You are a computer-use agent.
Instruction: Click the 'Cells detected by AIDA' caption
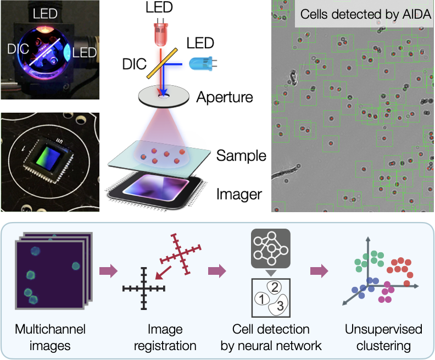[x=365, y=13]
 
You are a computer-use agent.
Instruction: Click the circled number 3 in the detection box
[x=280, y=306]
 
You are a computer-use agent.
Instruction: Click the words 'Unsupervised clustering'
[x=383, y=337]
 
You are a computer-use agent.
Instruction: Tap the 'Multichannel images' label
[x=51, y=337]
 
